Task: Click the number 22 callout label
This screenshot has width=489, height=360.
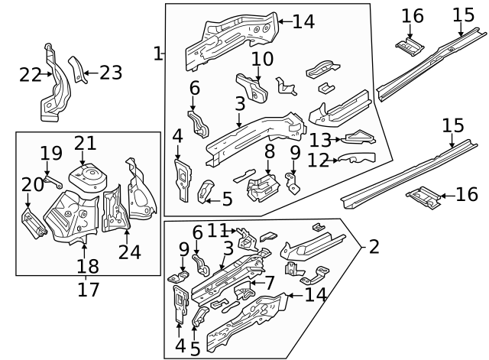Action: [30, 74]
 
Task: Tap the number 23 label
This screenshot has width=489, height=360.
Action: [111, 73]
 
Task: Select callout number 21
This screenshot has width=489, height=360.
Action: [85, 143]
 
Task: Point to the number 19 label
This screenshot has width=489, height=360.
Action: [51, 153]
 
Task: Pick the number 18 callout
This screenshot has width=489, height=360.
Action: [88, 266]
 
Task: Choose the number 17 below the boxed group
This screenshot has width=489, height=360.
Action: [88, 290]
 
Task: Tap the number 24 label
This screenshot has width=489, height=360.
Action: [129, 251]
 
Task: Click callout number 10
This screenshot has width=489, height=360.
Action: [262, 59]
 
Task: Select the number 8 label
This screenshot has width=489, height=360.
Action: [269, 152]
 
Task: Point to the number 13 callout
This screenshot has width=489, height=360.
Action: [320, 139]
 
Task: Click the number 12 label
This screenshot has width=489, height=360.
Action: [319, 160]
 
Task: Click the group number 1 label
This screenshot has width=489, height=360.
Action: [157, 54]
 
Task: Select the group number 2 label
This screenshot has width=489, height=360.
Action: [373, 247]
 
